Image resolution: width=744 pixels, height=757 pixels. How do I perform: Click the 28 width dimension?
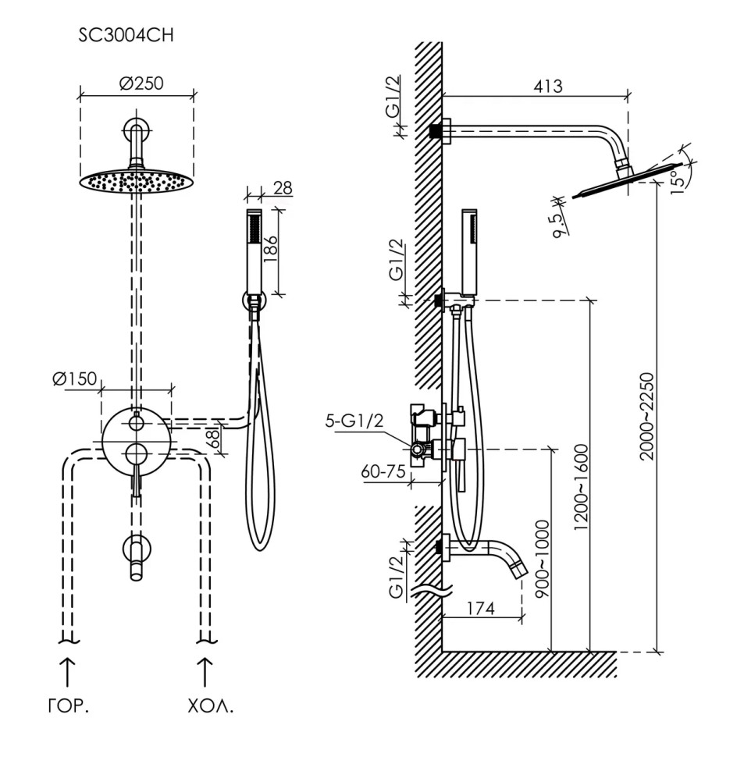(283, 188)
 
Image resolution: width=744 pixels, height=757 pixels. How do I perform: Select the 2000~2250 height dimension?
(646, 428)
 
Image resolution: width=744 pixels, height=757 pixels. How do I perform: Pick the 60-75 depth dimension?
(384, 472)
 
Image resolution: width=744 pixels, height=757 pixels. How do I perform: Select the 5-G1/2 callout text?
(354, 421)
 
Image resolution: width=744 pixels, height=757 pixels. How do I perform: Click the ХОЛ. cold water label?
(210, 709)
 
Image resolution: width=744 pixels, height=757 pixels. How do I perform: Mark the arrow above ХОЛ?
(206, 670)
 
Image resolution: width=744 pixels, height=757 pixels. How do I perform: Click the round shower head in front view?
(137, 179)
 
